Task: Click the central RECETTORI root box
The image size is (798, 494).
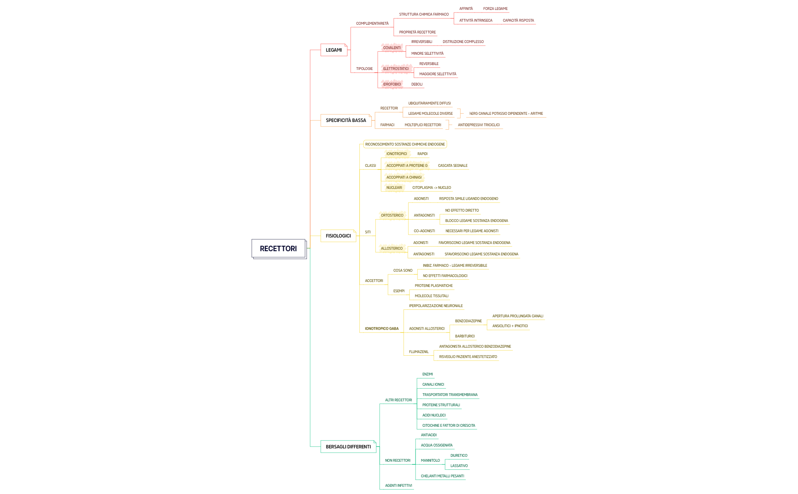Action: [x=278, y=249]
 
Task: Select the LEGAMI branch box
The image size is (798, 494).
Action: [x=333, y=50]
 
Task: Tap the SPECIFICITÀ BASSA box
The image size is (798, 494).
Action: [x=346, y=120]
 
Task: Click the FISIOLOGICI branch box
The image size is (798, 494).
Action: [x=338, y=236]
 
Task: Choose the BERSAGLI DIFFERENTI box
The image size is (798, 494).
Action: [x=348, y=446]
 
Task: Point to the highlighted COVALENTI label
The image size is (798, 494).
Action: [x=392, y=48]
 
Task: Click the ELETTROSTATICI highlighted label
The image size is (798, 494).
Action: [x=396, y=69]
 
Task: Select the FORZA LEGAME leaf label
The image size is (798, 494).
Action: [x=495, y=9]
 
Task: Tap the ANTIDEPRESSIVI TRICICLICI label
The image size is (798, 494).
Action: [x=479, y=125]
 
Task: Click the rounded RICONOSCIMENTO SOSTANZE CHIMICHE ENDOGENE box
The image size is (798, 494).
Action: [x=405, y=144]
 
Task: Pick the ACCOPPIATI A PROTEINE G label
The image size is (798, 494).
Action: [x=407, y=166]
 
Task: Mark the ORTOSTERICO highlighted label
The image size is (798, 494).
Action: [x=392, y=215]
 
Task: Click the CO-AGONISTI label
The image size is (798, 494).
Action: [x=424, y=231]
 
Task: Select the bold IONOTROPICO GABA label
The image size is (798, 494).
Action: [x=382, y=329]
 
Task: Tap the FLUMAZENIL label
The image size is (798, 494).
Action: [x=419, y=352]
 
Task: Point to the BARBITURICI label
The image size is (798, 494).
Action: [x=465, y=336]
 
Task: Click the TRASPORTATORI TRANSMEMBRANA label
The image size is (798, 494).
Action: [x=450, y=395]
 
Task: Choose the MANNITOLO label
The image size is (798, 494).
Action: [x=430, y=461]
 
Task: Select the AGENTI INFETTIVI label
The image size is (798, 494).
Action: [x=398, y=486]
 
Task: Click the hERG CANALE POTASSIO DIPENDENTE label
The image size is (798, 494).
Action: [x=506, y=114]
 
